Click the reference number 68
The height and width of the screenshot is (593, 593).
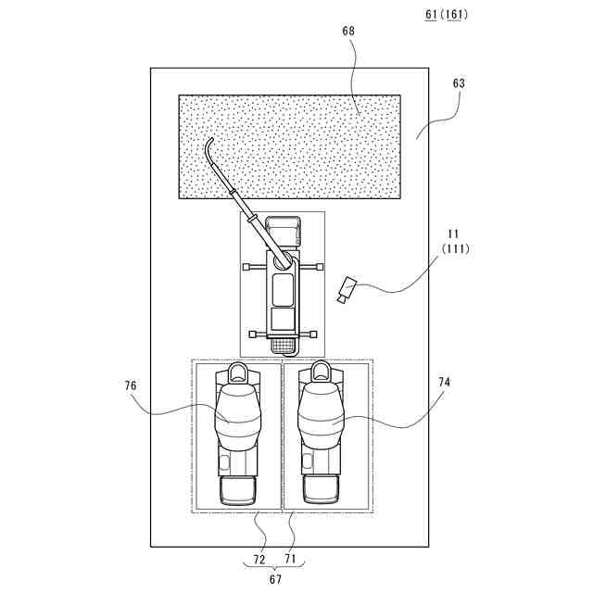click(347, 32)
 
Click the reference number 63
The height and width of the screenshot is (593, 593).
click(459, 83)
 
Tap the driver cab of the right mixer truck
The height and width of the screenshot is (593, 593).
click(321, 490)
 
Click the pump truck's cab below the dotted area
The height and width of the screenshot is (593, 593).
click(284, 228)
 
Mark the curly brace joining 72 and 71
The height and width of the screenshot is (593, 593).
click(276, 567)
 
